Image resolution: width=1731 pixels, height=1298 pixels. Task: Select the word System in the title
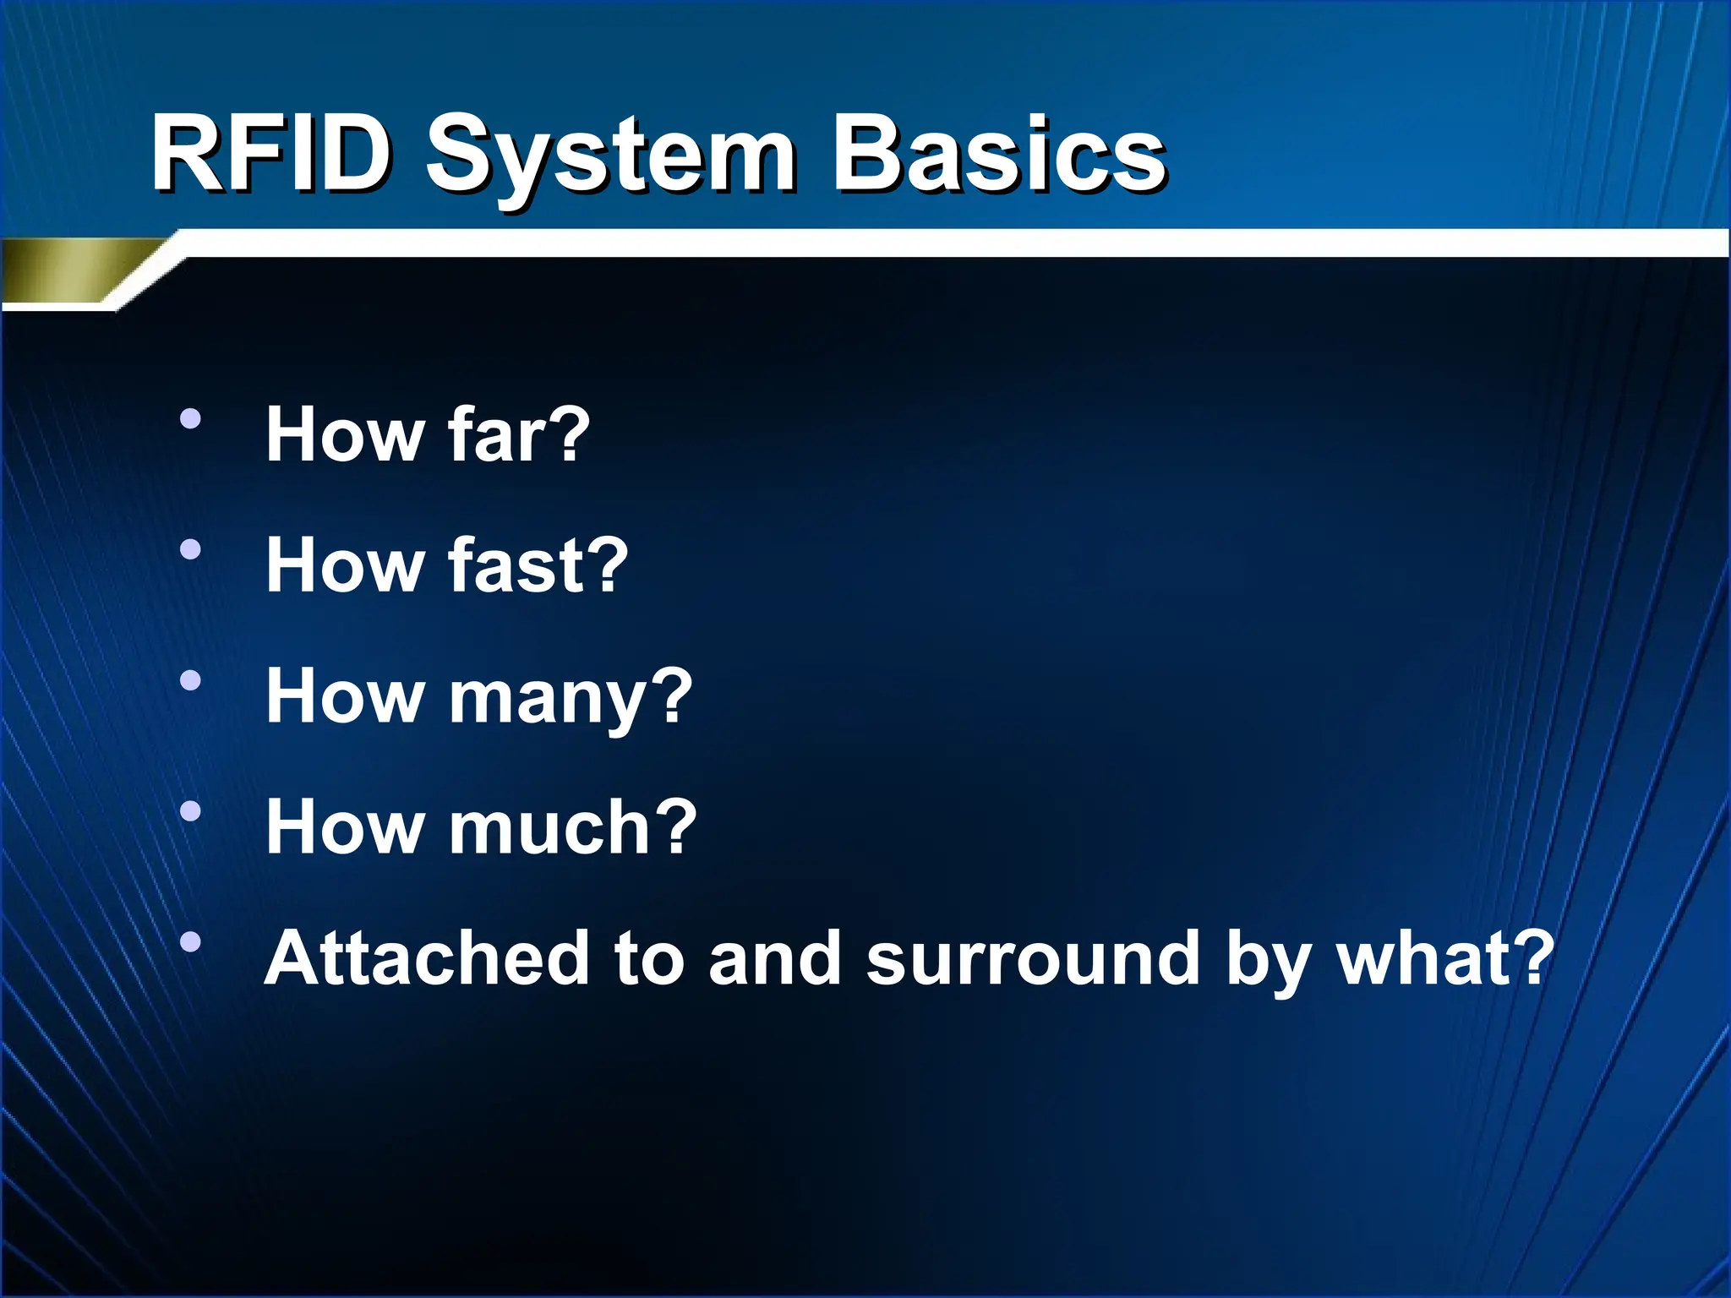pos(610,161)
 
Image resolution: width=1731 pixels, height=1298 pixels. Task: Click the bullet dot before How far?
pos(191,419)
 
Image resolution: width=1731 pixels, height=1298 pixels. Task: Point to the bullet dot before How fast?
pos(191,550)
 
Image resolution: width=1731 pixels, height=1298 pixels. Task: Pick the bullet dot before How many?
pos(191,680)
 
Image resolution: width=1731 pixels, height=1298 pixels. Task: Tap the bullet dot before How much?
pos(191,811)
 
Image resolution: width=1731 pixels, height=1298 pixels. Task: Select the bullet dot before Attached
pos(191,941)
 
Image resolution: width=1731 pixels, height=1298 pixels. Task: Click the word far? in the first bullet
pos(518,434)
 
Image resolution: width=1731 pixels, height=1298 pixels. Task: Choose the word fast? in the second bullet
pos(538,565)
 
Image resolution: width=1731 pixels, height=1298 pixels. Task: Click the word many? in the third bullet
pos(570,698)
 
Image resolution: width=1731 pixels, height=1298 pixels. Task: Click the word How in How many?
pos(345,696)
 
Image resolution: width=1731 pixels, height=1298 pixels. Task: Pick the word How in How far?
pos(345,434)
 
